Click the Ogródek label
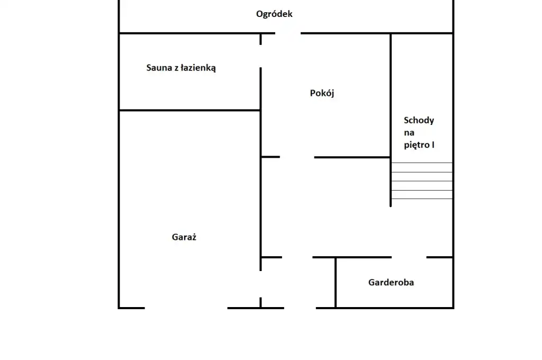(x=274, y=14)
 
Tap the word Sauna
(x=159, y=68)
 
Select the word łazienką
(x=197, y=68)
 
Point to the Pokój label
(x=322, y=94)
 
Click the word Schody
(x=419, y=120)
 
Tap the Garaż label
(x=184, y=237)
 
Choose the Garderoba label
(x=391, y=282)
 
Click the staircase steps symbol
(x=422, y=181)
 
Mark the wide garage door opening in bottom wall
(x=186, y=308)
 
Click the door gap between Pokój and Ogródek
(x=288, y=33)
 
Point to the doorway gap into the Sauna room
(x=260, y=57)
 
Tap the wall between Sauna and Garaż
(x=189, y=110)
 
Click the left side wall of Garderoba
(x=336, y=282)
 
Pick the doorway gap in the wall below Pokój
(x=297, y=157)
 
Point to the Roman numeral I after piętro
(x=433, y=144)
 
